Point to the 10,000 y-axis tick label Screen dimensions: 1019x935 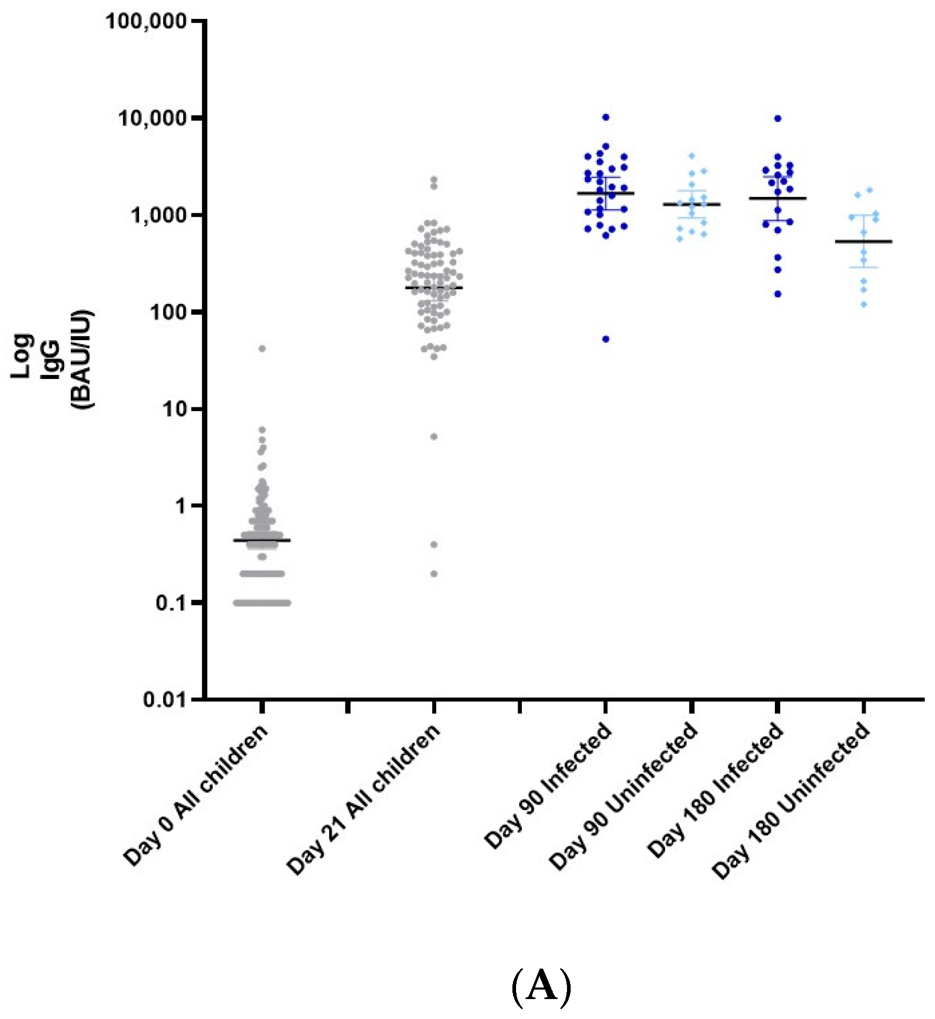pyautogui.click(x=152, y=119)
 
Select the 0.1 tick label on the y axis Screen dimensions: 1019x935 pyautogui.click(x=171, y=603)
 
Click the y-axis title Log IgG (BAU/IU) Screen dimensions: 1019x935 pyautogui.click(x=52, y=359)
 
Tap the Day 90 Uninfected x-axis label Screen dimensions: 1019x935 pyautogui.click(x=624, y=795)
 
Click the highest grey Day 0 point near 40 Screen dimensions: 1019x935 pyautogui.click(x=262, y=349)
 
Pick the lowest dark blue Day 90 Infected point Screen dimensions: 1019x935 pyautogui.click(x=606, y=339)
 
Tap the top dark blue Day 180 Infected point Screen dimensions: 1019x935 pyautogui.click(x=778, y=119)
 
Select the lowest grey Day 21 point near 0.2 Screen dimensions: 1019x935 pyautogui.click(x=434, y=574)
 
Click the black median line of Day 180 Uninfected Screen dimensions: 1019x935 pyautogui.click(x=864, y=241)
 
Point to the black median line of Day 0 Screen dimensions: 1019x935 pyautogui.click(x=262, y=540)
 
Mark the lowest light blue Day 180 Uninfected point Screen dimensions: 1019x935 pyautogui.click(x=864, y=304)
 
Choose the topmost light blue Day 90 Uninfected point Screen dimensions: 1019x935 pyautogui.click(x=692, y=156)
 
